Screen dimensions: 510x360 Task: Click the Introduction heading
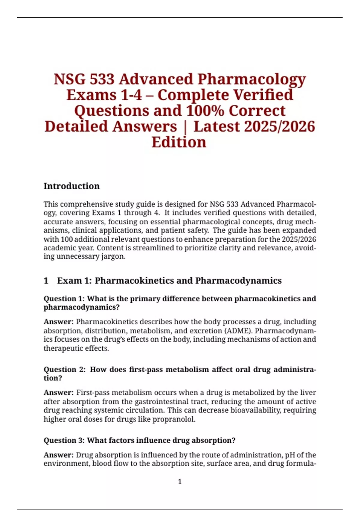pyautogui.click(x=71, y=186)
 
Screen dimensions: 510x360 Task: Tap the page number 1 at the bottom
pyautogui.click(x=180, y=482)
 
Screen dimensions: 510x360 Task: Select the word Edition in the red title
pyautogui.click(x=179, y=142)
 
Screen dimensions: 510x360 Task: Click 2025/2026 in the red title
pyautogui.click(x=280, y=126)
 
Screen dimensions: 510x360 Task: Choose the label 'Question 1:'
pyautogui.click(x=64, y=299)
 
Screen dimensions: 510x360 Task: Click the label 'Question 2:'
pyautogui.click(x=65, y=370)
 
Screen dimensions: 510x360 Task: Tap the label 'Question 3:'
pyautogui.click(x=64, y=440)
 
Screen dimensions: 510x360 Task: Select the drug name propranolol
pyautogui.click(x=174, y=419)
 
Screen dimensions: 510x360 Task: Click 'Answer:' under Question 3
pyautogui.click(x=58, y=455)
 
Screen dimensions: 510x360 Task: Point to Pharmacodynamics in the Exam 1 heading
pyautogui.click(x=238, y=281)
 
